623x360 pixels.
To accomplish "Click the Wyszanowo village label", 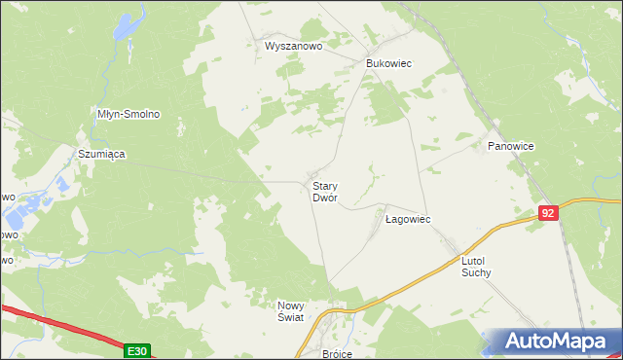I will [x=293, y=46].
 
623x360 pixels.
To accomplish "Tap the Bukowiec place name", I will [x=388, y=63].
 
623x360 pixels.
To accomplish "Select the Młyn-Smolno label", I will [x=128, y=114].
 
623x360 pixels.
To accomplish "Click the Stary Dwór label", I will [x=324, y=191].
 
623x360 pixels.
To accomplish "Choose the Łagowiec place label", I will [x=408, y=220].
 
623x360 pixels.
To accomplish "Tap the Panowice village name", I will [x=511, y=146].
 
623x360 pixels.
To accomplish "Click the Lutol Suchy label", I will [x=476, y=267].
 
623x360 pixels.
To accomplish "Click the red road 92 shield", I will [x=549, y=212].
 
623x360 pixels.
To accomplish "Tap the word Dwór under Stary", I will [x=324, y=198].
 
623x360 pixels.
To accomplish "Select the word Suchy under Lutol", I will [x=476, y=273].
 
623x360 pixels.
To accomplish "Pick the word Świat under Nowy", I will [x=291, y=318].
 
